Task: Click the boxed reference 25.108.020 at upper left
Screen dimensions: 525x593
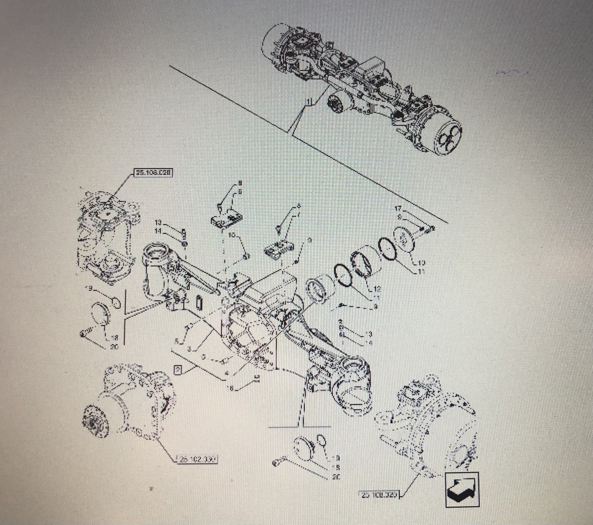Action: point(153,173)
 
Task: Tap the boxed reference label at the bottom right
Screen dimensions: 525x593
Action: point(380,494)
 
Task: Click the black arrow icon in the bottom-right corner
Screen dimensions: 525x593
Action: point(462,490)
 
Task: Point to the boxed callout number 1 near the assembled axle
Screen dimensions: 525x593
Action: point(309,101)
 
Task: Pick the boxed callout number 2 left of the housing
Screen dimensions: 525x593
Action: point(178,369)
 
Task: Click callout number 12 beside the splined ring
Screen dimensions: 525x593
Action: point(377,289)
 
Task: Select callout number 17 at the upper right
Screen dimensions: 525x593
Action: point(398,209)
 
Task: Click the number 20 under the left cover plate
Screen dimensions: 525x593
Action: point(114,347)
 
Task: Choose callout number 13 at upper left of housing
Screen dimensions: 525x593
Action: point(158,223)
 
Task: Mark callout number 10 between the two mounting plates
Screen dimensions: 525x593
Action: point(232,235)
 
